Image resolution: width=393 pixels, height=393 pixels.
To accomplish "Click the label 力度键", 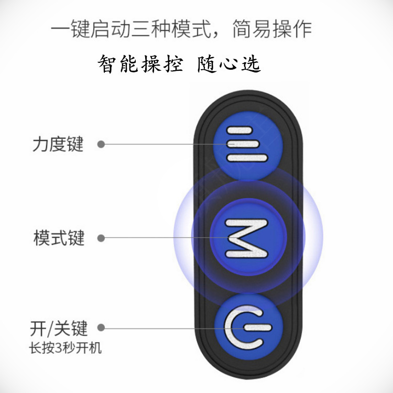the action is (x=58, y=144).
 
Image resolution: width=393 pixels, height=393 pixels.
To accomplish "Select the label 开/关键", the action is (x=58, y=329).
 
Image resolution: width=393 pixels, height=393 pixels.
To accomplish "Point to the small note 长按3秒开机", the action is (x=65, y=348).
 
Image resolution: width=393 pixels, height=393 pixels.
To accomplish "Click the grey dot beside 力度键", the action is (x=101, y=144).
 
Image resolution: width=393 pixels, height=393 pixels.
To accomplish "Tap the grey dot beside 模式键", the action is (x=101, y=238).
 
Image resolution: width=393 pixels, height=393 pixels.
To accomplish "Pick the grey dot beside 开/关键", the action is (x=101, y=329).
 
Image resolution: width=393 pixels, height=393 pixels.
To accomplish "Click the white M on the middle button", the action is (x=247, y=238).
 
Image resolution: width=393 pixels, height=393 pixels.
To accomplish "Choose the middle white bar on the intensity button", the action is (x=247, y=144).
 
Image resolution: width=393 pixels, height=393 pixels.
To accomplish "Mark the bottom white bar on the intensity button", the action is (x=247, y=157).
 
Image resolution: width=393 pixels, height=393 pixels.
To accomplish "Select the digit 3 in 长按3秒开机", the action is (x=60, y=348).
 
